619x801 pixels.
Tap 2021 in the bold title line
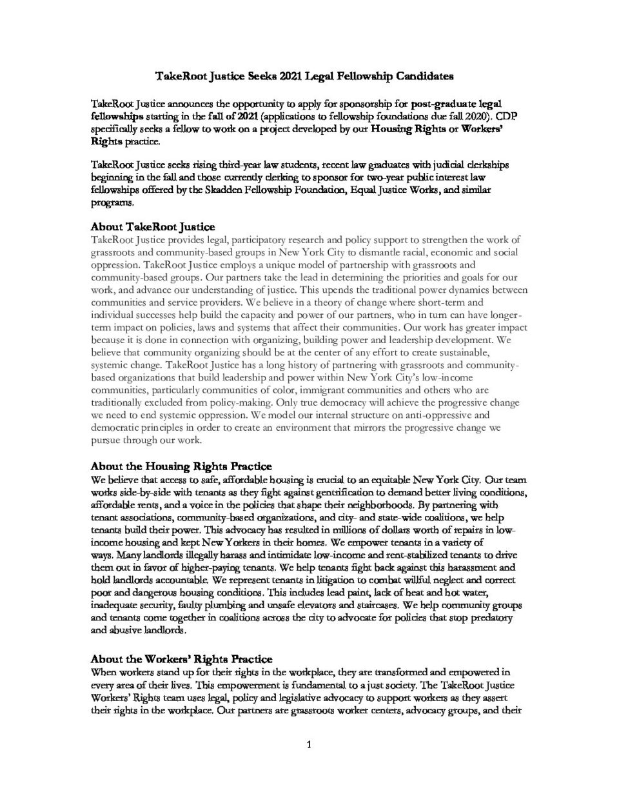292,77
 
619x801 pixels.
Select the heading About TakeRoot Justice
153,227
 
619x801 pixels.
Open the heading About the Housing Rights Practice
181,466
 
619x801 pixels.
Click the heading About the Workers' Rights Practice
181,659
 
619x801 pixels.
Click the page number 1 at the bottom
309,746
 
